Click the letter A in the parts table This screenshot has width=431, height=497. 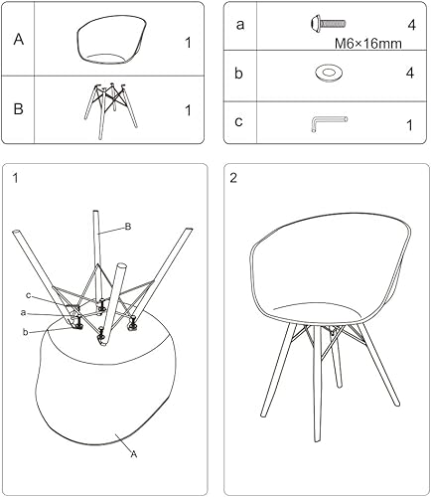[x=19, y=41]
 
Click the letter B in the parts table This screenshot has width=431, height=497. [x=19, y=109]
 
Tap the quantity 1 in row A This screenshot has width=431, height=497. [x=187, y=43]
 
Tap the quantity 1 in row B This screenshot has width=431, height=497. [x=187, y=110]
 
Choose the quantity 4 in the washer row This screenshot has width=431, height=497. [x=408, y=74]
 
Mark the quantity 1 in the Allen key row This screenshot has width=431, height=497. [x=408, y=124]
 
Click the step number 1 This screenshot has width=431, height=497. [x=16, y=179]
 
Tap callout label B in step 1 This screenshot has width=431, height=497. [x=128, y=227]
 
